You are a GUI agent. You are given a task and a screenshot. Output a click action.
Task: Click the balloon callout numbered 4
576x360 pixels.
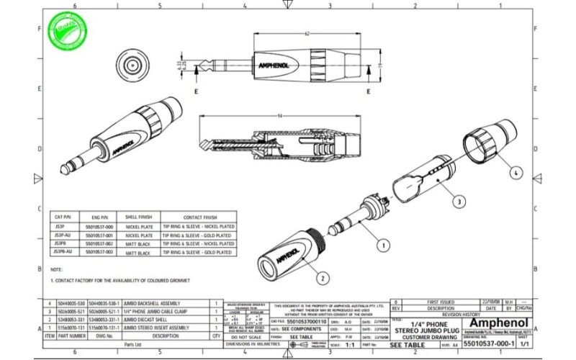pos(516,173)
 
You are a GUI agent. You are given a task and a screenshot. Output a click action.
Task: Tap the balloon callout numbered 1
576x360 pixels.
pos(383,246)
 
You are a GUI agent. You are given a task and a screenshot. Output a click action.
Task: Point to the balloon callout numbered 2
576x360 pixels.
pos(323,278)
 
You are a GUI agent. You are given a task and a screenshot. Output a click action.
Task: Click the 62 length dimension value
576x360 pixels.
pos(307,34)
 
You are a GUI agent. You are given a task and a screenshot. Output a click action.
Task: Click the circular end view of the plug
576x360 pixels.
pos(134,66)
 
